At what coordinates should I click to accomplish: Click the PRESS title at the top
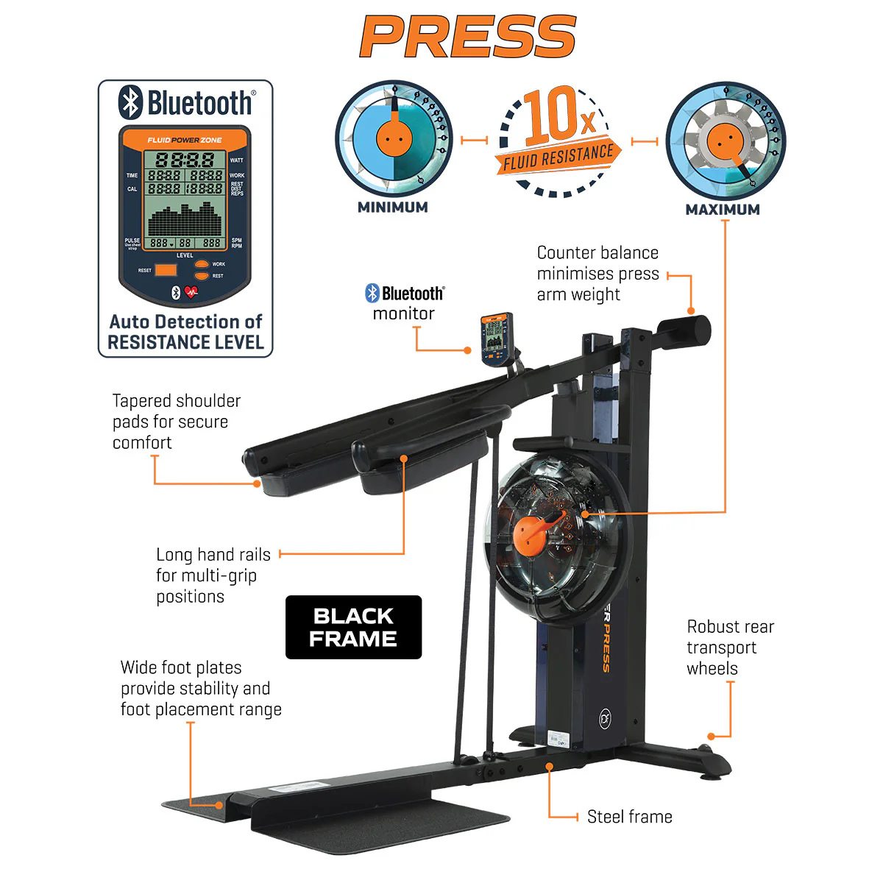point(468,37)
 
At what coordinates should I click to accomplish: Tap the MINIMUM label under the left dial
point(392,208)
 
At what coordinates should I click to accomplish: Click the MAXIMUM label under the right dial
point(723,210)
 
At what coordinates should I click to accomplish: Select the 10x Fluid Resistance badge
point(559,140)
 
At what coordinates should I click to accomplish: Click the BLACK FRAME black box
point(353,627)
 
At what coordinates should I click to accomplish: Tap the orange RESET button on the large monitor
point(166,270)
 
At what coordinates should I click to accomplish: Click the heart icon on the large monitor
point(192,292)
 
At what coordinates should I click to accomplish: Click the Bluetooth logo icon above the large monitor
point(131,102)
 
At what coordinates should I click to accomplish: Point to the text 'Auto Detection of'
point(185,322)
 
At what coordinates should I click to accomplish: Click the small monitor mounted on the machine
point(495,338)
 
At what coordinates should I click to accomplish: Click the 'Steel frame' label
point(629,817)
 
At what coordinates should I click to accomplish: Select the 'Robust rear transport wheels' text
point(730,648)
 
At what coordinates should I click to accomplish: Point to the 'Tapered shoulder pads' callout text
point(176,422)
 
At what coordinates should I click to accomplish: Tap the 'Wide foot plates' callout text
point(201,688)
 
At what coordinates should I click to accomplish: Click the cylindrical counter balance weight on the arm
point(684,330)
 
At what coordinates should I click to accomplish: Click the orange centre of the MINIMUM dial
point(392,138)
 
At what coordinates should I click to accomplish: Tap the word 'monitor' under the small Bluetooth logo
point(403,313)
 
